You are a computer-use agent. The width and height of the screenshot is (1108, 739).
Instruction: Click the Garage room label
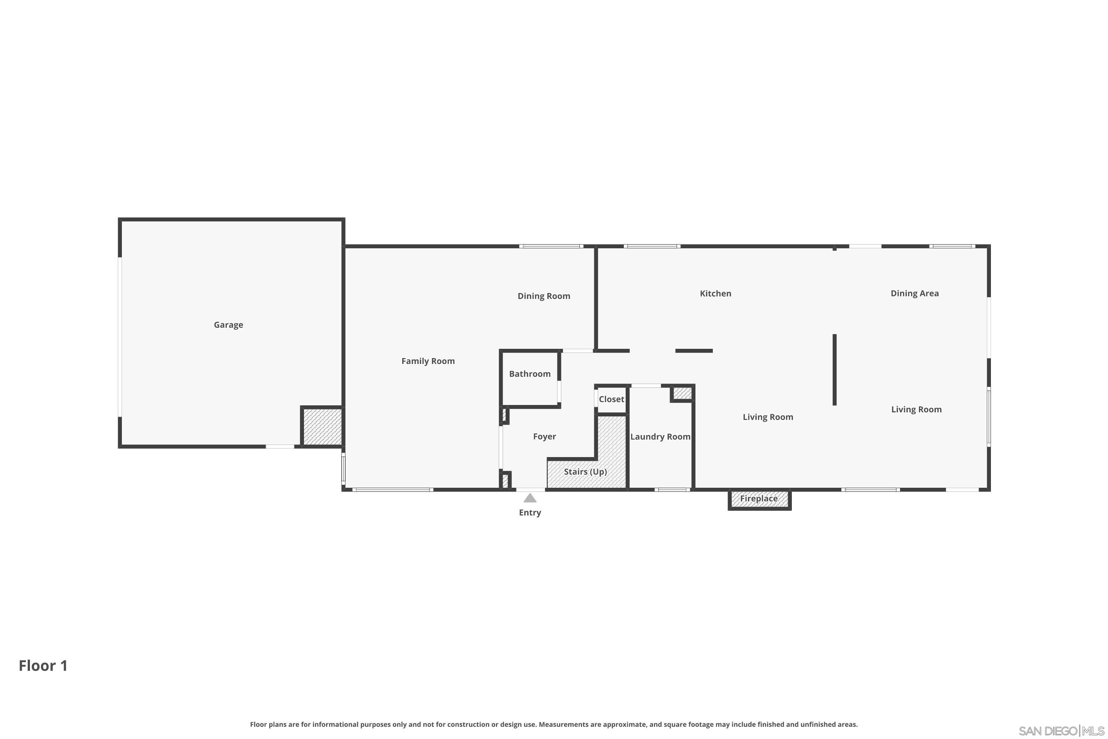(x=229, y=325)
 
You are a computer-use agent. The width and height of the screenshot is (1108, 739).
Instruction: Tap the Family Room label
(x=428, y=361)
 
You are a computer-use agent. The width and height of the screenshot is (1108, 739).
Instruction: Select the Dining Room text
(x=544, y=296)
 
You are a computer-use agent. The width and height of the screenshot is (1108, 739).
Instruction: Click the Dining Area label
(x=914, y=293)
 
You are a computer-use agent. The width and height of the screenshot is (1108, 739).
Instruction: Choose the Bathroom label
(x=530, y=374)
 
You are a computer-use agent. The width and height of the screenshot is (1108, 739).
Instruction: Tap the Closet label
(x=611, y=399)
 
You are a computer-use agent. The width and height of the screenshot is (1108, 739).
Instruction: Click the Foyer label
(x=544, y=436)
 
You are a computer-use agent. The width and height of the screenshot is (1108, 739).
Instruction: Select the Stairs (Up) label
(x=585, y=472)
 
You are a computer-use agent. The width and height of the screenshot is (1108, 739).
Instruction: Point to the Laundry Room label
(x=660, y=436)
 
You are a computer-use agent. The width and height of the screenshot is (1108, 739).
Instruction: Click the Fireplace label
(x=759, y=498)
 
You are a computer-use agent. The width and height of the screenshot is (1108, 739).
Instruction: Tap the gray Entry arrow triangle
(x=530, y=498)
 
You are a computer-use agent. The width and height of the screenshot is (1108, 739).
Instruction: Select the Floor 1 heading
(x=43, y=665)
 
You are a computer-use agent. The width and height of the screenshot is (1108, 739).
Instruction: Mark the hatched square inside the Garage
(x=322, y=426)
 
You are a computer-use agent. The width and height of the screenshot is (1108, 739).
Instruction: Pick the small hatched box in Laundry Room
(x=682, y=393)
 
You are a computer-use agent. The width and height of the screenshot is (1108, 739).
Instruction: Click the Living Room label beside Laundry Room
(x=768, y=417)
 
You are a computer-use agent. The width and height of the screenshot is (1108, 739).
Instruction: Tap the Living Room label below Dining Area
(x=916, y=409)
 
